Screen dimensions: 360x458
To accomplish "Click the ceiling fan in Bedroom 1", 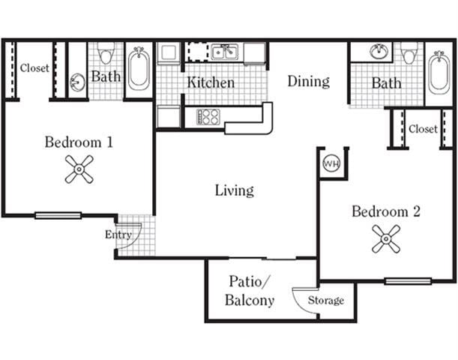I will (79, 169).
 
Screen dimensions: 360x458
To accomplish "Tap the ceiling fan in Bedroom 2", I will (386, 239).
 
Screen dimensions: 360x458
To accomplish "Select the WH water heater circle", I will (331, 163).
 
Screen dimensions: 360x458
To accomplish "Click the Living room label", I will (234, 190).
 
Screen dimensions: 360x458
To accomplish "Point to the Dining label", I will (308, 81).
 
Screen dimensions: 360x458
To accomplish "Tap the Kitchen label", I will (211, 82).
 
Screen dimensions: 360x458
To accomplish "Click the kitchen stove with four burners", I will (208, 116).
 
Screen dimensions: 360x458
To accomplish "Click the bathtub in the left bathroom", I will (139, 70).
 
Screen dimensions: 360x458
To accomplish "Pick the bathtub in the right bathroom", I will (439, 73).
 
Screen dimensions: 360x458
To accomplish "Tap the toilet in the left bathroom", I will (106, 55).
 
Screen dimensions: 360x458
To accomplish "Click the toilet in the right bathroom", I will (409, 53).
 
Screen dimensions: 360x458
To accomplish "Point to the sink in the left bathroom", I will (78, 82).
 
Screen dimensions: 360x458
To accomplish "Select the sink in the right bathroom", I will (380, 52).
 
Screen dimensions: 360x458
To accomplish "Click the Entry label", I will (118, 235).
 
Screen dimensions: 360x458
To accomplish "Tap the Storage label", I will (327, 301).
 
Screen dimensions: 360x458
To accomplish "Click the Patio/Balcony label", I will (249, 292).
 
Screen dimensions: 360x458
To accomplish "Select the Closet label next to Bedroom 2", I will (423, 129).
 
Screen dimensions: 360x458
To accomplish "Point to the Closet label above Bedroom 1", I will (34, 68).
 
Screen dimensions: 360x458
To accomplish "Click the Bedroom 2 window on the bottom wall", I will (408, 281).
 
